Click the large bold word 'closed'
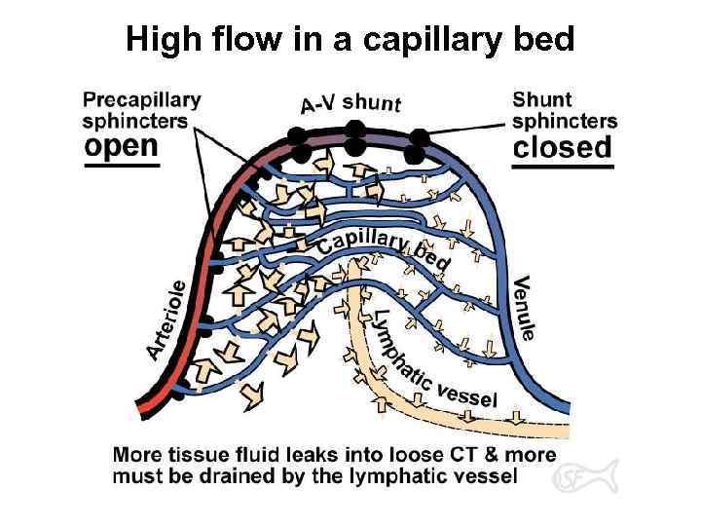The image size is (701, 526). [563, 147]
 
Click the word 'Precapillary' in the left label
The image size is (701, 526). [142, 98]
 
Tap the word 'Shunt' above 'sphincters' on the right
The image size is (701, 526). [542, 98]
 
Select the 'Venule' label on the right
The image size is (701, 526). [523, 306]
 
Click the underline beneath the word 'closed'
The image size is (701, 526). [564, 167]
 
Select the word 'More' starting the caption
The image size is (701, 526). [135, 455]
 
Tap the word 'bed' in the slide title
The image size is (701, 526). [546, 40]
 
